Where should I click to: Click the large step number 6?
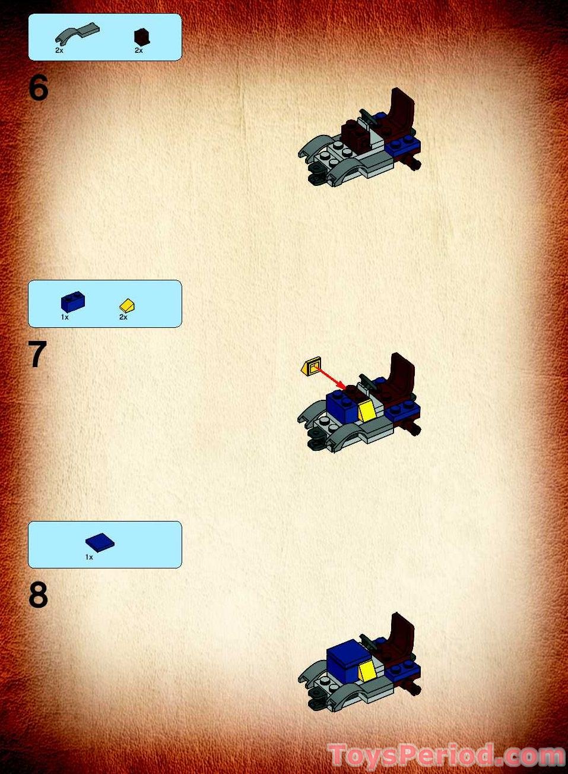pos(38,89)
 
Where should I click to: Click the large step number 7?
pos(37,355)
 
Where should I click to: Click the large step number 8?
pos(38,595)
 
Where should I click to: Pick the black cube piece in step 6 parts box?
pos(141,37)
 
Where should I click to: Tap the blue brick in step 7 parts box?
pos(72,302)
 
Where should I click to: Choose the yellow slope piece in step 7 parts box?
pos(127,305)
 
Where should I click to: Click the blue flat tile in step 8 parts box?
pos(100,542)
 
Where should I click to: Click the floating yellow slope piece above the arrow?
pos(311,367)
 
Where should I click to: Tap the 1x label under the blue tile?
pos(89,557)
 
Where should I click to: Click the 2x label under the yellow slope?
pos(123,317)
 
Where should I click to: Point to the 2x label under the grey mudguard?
pos(59,50)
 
